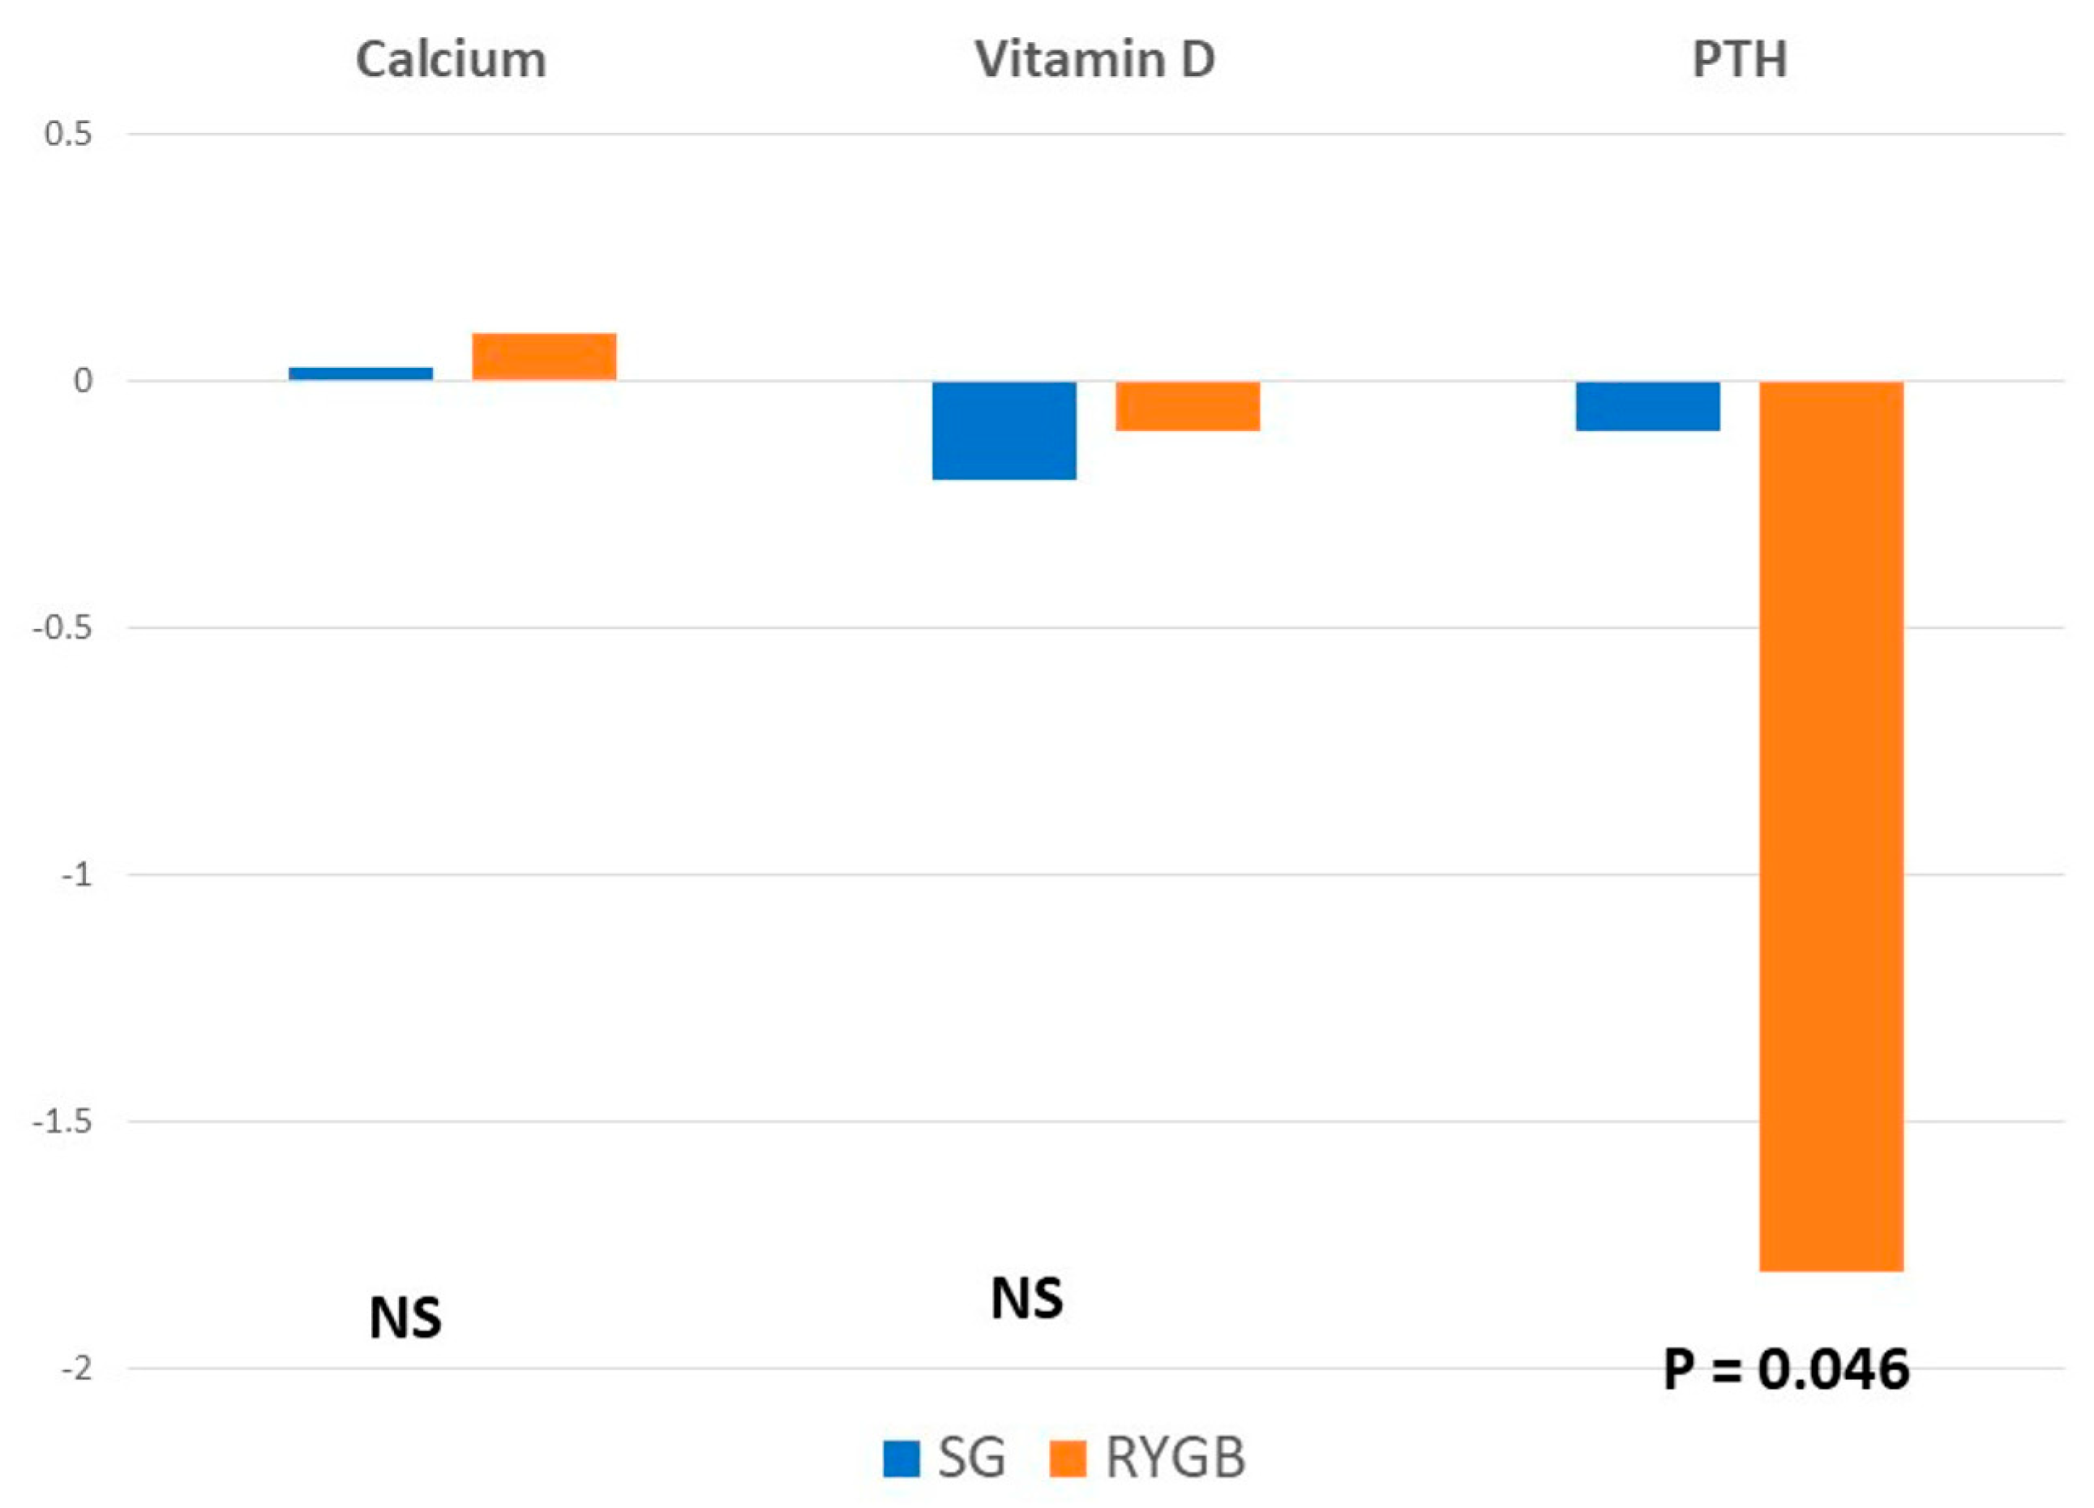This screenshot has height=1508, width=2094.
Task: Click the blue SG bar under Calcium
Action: [360, 374]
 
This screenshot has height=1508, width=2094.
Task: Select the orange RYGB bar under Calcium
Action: [544, 357]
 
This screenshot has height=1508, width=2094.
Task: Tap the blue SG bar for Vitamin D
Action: [1004, 430]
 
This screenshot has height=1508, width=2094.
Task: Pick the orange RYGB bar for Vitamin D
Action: [1188, 406]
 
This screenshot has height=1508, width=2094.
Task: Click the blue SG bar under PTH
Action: [1647, 406]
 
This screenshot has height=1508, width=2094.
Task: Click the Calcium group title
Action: [451, 60]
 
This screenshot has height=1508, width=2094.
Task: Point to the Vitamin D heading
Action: [1095, 60]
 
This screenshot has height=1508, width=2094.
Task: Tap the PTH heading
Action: [1740, 60]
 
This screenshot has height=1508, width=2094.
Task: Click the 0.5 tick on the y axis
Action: [68, 135]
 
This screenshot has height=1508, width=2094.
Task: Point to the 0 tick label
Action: [83, 381]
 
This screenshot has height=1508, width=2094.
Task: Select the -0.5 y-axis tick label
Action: [62, 627]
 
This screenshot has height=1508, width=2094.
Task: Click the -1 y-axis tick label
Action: [77, 874]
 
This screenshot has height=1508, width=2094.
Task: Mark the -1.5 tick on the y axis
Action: [62, 1121]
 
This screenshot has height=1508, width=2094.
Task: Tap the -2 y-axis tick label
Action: [77, 1369]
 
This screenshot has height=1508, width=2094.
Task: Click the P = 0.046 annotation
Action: [1786, 1369]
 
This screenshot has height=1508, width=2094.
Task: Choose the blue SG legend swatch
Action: [901, 1458]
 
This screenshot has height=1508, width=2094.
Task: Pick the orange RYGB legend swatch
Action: [1068, 1458]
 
